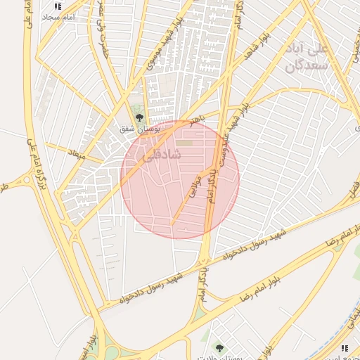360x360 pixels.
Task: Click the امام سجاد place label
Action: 53,16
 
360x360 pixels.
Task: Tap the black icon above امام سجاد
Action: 58,6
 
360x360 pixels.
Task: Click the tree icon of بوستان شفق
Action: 139,117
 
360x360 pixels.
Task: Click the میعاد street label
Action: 76,153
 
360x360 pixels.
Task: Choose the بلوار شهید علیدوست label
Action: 238,115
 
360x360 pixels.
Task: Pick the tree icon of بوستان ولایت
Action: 219,347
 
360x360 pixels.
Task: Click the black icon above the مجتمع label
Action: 345,348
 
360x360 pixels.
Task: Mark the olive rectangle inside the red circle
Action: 184,143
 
